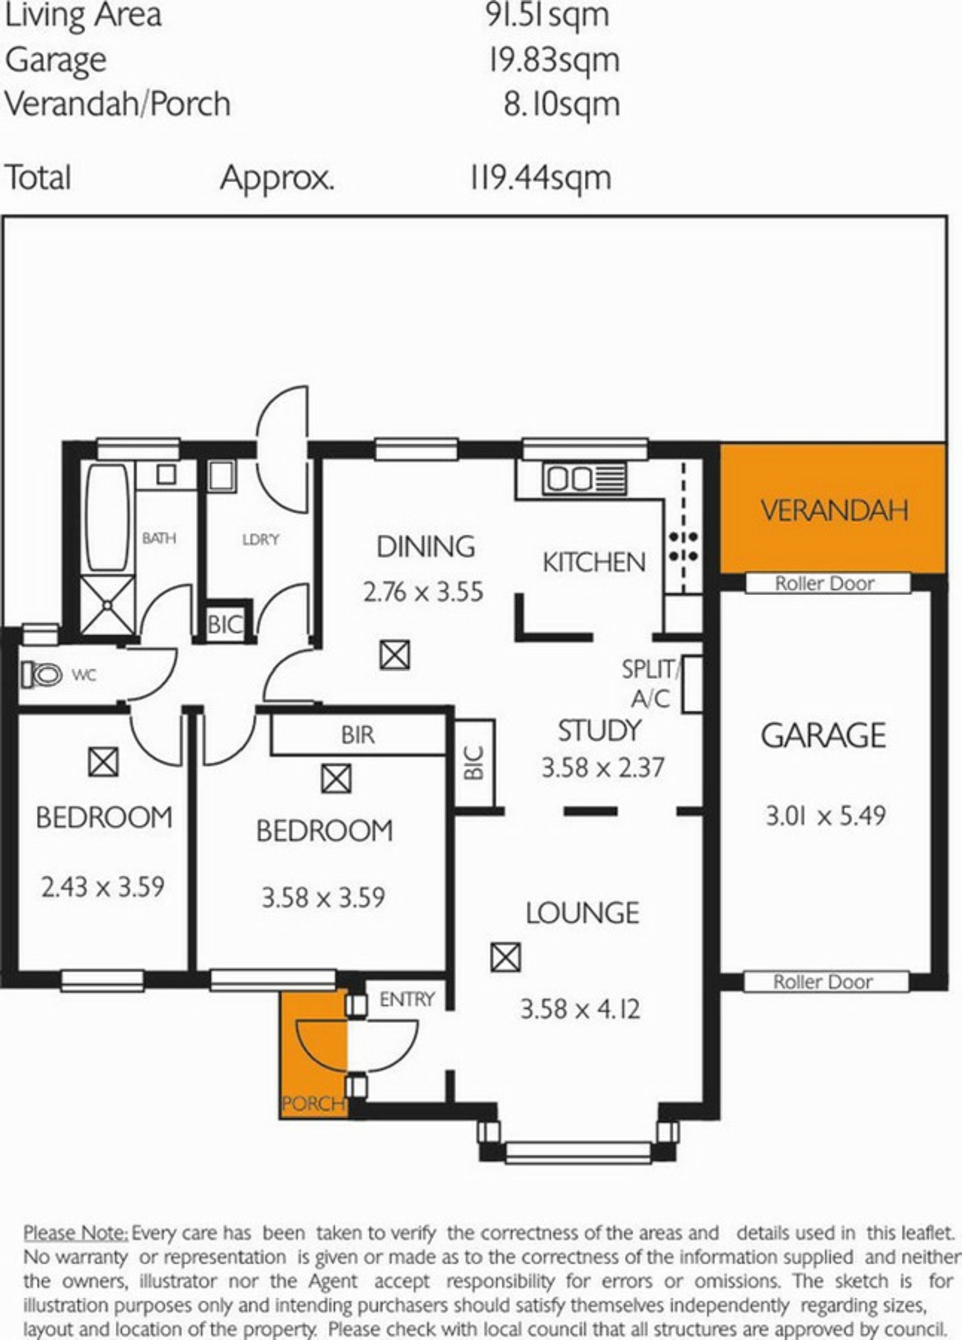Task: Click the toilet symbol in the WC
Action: click(42, 674)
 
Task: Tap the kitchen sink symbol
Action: click(585, 478)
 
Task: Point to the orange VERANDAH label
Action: click(834, 511)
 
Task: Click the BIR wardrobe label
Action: click(358, 735)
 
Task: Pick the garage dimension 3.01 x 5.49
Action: click(826, 816)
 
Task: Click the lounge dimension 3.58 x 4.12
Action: click(580, 1009)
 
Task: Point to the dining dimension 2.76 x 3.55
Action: click(423, 592)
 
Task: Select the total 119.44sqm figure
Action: click(541, 178)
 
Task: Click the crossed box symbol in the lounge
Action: click(505, 957)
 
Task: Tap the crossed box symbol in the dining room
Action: click(395, 655)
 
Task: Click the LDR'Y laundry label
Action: click(260, 539)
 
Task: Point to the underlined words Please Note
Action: click(75, 1233)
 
